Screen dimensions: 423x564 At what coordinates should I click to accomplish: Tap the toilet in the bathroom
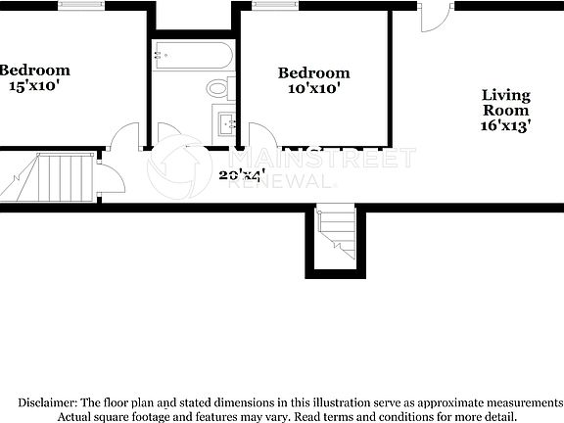pos(218,89)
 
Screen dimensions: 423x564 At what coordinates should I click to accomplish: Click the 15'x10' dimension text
pos(35,86)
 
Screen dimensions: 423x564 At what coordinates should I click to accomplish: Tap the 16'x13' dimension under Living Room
pos(506,126)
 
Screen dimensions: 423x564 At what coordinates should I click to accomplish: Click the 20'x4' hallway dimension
pos(243,175)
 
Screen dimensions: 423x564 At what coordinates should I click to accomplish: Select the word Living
pos(506,95)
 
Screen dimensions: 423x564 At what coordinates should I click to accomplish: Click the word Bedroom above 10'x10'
pos(313,72)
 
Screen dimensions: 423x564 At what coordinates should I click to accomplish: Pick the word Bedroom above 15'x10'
pos(35,70)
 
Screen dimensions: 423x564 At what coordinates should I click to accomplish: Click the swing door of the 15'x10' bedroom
pos(124,138)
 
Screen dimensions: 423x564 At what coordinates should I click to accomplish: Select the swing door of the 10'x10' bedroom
pos(261,136)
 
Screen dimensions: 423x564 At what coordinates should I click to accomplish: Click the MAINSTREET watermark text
pos(323,159)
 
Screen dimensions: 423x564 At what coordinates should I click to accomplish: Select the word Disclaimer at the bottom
pos(49,402)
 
